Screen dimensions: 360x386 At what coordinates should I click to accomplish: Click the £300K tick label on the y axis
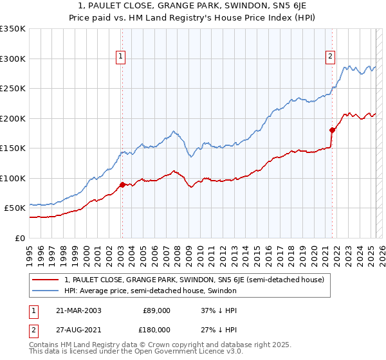coord(13,59)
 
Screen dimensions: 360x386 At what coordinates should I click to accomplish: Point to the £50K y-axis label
coord(15,208)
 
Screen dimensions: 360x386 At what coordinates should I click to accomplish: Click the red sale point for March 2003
coord(122,184)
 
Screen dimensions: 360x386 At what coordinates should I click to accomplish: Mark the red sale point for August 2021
coord(333,130)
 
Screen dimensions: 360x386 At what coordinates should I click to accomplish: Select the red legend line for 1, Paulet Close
coord(45,280)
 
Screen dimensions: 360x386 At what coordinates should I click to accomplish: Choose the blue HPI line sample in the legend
coord(45,291)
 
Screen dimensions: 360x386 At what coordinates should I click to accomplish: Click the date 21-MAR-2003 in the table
coord(78,310)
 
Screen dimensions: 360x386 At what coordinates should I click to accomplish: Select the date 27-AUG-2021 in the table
coord(78,330)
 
